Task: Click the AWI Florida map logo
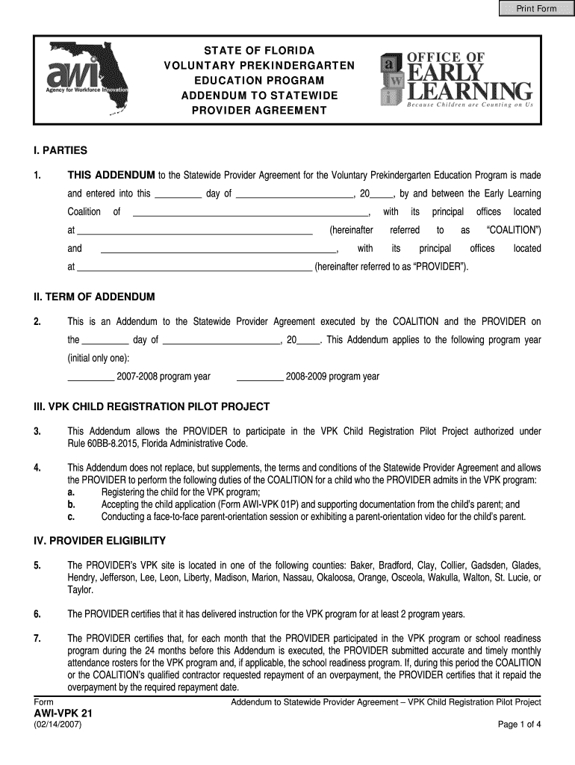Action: [x=87, y=78]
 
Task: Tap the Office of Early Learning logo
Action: [x=456, y=80]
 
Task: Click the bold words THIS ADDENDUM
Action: [x=111, y=176]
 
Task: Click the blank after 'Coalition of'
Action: [x=251, y=212]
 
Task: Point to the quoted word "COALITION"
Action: [x=513, y=230]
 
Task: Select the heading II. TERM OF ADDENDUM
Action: [x=94, y=297]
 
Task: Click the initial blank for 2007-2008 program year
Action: [x=91, y=376]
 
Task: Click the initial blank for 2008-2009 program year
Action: [x=260, y=376]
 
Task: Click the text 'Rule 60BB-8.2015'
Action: [x=104, y=444]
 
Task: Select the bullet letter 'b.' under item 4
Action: [x=71, y=504]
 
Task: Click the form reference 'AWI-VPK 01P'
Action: [x=270, y=504]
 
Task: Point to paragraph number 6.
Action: [x=37, y=614]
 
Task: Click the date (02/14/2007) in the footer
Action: [x=58, y=725]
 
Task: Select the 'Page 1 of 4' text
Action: [x=519, y=725]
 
